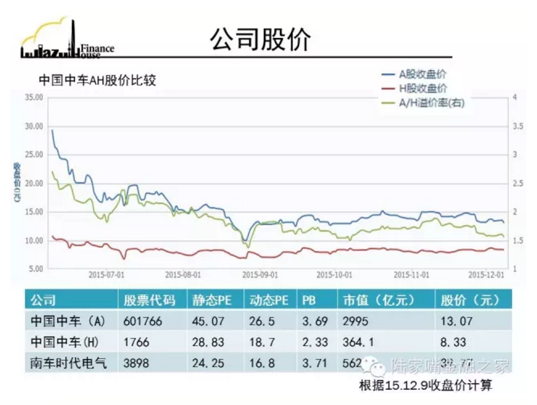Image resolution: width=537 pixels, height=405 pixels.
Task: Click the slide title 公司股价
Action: tap(260, 40)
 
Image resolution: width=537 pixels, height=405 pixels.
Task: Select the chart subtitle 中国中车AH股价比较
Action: tap(97, 80)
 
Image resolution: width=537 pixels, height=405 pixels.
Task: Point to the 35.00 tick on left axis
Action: tap(34, 97)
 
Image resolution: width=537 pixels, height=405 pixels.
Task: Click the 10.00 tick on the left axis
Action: tap(34, 241)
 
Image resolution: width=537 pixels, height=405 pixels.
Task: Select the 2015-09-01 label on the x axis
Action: tap(260, 275)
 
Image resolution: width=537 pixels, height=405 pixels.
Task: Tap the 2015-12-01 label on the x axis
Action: tap(486, 275)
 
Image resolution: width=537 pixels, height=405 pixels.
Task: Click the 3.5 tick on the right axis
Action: tap(518, 126)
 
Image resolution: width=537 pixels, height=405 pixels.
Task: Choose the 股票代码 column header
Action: tap(149, 300)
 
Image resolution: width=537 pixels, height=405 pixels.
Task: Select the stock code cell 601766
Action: tap(142, 321)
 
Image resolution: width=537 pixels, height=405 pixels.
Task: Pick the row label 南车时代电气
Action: tap(69, 363)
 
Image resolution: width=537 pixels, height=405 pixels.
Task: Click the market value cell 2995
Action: tap(355, 321)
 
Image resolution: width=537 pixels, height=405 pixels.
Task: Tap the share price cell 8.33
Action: tap(453, 342)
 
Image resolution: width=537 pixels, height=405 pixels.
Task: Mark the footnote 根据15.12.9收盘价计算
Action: tap(425, 385)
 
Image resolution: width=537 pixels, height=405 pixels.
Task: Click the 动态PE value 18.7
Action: tap(262, 342)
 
